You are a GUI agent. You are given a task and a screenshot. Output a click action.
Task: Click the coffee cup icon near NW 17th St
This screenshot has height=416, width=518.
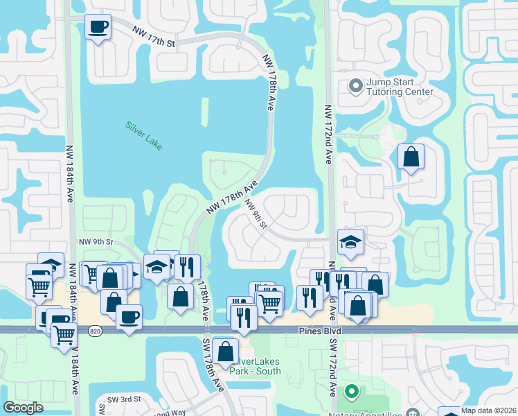pyautogui.click(x=97, y=28)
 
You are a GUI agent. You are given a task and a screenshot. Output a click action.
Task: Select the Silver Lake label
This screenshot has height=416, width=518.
pyautogui.click(x=143, y=134)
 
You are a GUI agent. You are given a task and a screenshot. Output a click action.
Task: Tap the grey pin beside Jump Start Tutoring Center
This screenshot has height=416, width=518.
pyautogui.click(x=356, y=87)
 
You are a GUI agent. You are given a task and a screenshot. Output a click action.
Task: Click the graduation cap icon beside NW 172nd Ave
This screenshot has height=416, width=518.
pyautogui.click(x=350, y=242)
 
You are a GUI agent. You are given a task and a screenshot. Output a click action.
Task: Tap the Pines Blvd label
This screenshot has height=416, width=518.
pyautogui.click(x=321, y=332)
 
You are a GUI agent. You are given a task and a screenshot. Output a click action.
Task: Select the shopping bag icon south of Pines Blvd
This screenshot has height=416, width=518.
pyautogui.click(x=226, y=351)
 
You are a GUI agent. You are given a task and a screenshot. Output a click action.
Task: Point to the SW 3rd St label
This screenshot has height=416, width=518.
pyautogui.click(x=124, y=400)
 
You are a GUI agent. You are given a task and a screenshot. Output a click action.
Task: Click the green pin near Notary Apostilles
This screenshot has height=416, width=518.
pyautogui.click(x=351, y=392)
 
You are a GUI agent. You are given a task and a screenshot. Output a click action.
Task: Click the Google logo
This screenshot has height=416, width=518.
pyautogui.click(x=23, y=408)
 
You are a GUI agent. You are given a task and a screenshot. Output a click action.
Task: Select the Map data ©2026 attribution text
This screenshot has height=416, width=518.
pyautogui.click(x=489, y=410)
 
